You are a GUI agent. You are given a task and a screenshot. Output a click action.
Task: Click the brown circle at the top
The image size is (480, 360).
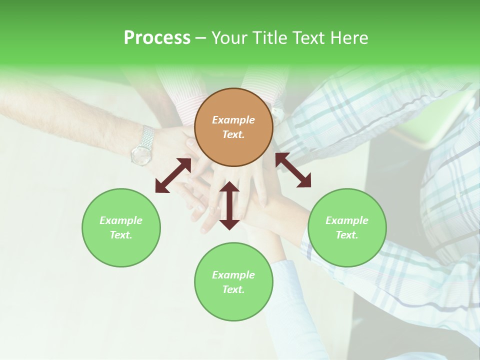pos(233,127)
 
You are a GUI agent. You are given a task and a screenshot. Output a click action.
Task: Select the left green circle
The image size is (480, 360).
pos(121,227)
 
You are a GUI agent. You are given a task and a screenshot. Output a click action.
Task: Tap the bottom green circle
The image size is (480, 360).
pos(233,282)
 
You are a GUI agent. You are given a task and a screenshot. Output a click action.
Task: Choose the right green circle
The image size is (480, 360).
pos(347,227)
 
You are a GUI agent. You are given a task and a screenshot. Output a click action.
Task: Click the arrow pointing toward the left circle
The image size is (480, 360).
pos(173,175)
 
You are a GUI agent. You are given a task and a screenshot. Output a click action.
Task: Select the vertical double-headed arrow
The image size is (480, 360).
pos(229,206)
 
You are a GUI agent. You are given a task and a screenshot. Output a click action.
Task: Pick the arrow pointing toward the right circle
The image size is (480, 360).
pos(293,170)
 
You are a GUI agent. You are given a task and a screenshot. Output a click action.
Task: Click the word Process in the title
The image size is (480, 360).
pos(157,37)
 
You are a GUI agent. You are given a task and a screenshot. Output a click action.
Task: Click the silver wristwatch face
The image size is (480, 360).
pos(141,155)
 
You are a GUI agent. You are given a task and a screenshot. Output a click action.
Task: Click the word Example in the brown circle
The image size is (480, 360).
pos(233,120)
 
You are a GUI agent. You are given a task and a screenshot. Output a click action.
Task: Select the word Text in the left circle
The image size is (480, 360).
pos(121,235)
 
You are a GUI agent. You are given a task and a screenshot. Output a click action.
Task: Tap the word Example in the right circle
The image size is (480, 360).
pos(347,220)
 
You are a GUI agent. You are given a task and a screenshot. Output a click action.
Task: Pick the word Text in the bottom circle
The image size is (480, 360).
pos(233,289)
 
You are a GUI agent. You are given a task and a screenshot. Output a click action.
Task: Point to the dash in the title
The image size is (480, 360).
pos(200,38)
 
